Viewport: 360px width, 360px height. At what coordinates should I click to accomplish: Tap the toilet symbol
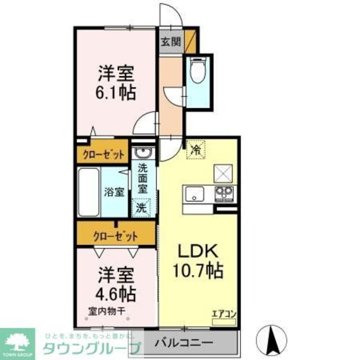pyautogui.click(x=197, y=70)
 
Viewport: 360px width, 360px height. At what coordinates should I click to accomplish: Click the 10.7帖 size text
pyautogui.click(x=198, y=270)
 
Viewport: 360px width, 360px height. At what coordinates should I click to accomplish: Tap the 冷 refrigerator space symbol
pyautogui.click(x=196, y=148)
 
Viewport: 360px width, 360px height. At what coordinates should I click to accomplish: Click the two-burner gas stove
pyautogui.click(x=224, y=194)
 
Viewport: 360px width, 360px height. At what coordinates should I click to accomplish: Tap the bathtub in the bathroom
pyautogui.click(x=89, y=192)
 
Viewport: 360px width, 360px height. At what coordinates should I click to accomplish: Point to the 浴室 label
pyautogui.click(x=114, y=192)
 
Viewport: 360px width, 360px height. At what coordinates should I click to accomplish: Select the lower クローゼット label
pyautogui.click(x=115, y=237)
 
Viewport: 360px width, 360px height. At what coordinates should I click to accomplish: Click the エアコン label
pyautogui.click(x=224, y=314)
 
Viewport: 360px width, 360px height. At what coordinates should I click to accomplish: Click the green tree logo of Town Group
pyautogui.click(x=17, y=342)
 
